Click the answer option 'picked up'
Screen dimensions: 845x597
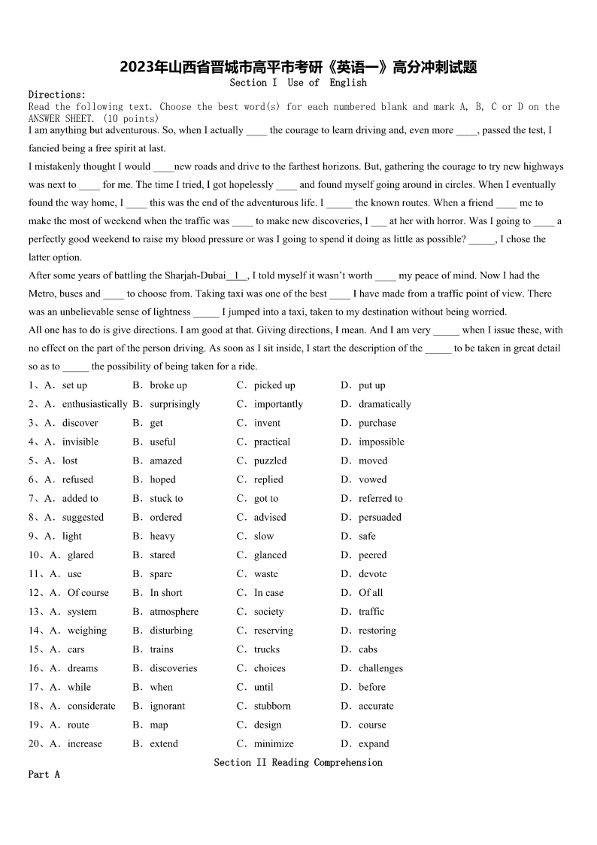pyautogui.click(x=274, y=385)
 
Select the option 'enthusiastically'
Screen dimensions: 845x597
pyautogui.click(x=95, y=404)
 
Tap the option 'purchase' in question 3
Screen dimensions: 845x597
pyautogui.click(x=377, y=423)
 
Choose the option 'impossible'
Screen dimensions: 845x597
pyautogui.click(x=381, y=442)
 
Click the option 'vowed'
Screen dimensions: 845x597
pyautogui.click(x=372, y=479)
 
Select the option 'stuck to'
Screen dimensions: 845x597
pyautogui.click(x=166, y=498)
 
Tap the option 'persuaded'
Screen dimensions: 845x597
pyautogui.click(x=380, y=517)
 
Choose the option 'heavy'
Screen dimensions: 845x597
pyautogui.click(x=162, y=536)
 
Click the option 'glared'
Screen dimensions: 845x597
pyautogui.click(x=80, y=555)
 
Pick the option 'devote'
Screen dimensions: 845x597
pyautogui.click(x=372, y=573)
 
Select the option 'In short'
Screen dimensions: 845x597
pyautogui.click(x=166, y=592)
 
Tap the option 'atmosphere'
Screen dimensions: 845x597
pyautogui.click(x=174, y=612)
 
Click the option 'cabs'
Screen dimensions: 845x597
pyautogui.click(x=368, y=649)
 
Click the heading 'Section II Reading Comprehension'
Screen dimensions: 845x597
pyautogui.click(x=298, y=762)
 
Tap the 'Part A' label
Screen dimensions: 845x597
pyautogui.click(x=44, y=774)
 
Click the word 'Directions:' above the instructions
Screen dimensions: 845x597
pyautogui.click(x=57, y=95)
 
